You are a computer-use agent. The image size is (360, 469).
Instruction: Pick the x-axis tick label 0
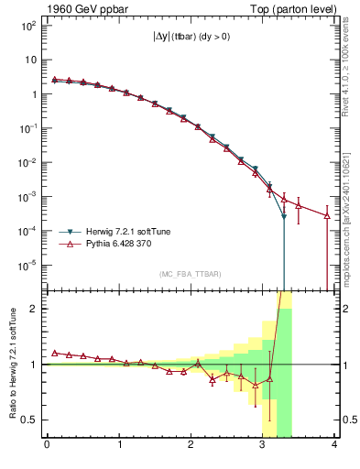pyautogui.click(x=47, y=446)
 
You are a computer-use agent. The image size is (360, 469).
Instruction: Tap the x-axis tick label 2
pyautogui.click(x=191, y=446)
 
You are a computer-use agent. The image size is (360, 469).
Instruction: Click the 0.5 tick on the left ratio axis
pyautogui.click(x=29, y=420)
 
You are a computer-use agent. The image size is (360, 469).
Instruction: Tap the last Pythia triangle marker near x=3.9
pyautogui.click(x=327, y=216)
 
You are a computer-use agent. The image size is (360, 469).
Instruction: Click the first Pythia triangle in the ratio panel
pyautogui.click(x=54, y=353)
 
